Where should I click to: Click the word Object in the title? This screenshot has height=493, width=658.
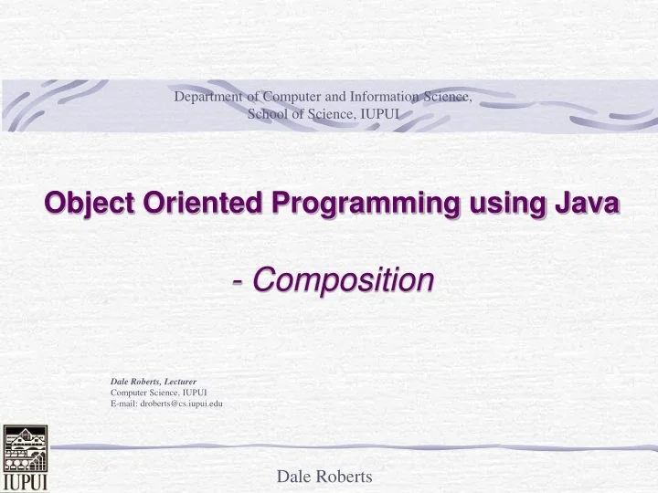tap(85, 207)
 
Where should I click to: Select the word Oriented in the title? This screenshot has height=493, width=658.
tap(190, 207)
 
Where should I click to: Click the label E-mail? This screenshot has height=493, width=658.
tap(124, 403)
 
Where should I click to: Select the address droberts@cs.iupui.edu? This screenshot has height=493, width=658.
tap(182, 403)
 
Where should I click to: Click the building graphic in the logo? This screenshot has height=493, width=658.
tap(24, 448)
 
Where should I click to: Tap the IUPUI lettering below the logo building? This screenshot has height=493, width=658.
tap(25, 481)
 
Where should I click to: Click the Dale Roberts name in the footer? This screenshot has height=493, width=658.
tap(324, 476)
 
